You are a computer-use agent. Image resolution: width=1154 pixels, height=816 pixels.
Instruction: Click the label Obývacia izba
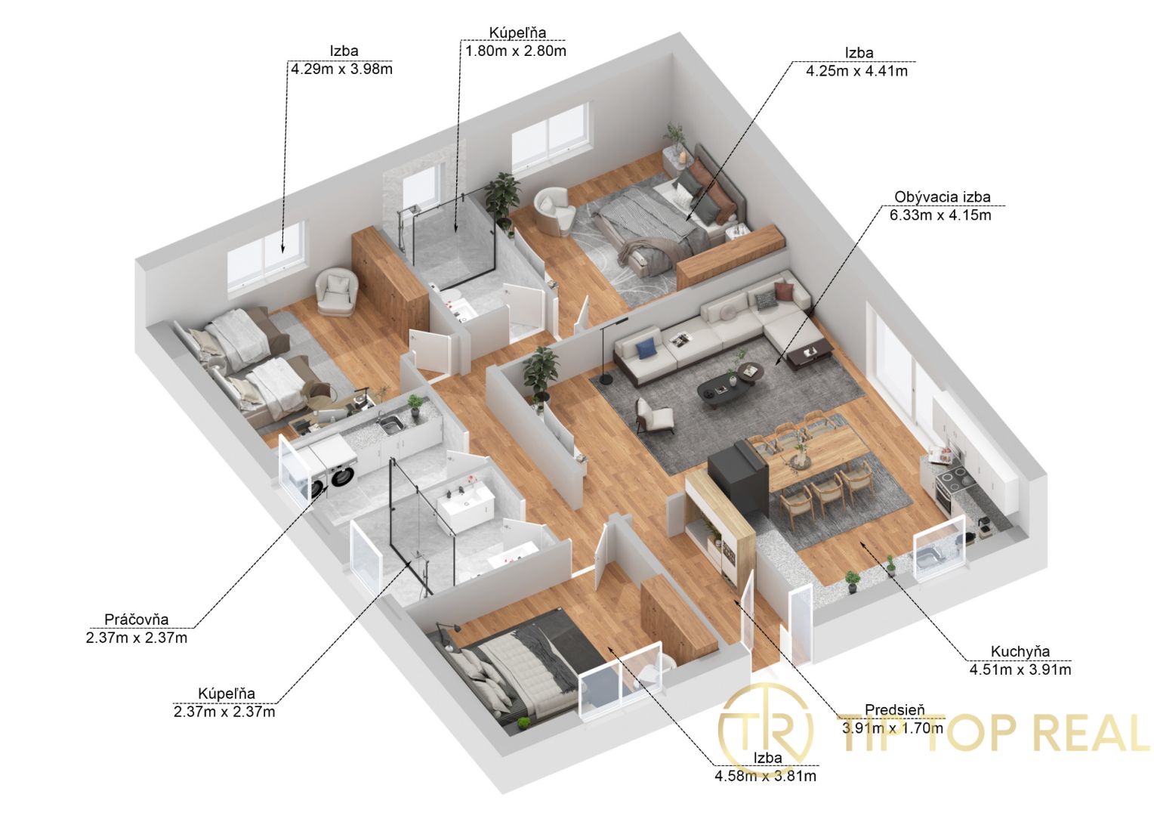tap(943, 197)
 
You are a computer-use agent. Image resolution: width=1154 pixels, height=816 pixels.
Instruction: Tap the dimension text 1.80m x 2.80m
tap(516, 51)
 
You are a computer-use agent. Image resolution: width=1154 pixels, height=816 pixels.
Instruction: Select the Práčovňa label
tap(137, 619)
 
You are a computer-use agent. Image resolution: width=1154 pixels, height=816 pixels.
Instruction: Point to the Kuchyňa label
tap(1020, 651)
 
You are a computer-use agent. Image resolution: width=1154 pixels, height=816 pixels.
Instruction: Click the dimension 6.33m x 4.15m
tap(940, 215)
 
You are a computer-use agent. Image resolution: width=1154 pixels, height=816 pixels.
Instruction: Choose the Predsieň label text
tap(895, 709)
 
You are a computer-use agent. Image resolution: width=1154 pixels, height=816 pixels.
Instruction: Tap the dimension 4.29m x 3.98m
tap(341, 69)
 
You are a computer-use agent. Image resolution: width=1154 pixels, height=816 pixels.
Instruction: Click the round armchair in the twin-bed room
tap(337, 293)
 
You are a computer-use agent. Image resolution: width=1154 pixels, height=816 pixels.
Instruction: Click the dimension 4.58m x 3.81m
tap(765, 776)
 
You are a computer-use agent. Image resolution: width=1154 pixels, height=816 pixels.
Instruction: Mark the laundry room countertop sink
tap(391, 423)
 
